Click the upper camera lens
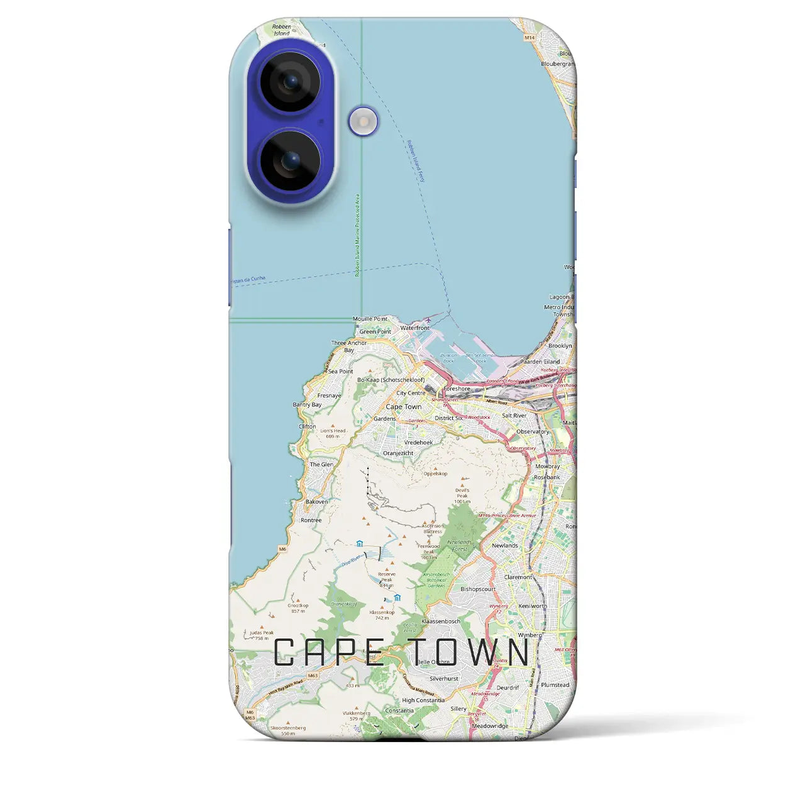coord(291,82)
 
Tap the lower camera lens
coord(291,161)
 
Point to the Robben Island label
coord(282,30)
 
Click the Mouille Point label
coord(370,319)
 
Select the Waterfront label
coord(415,328)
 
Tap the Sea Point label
coord(340,372)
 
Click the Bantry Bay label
coord(307,405)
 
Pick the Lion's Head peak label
coord(333,433)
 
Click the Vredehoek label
coord(418,443)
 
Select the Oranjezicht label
coord(398,453)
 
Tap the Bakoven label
coord(316,502)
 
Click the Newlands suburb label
coord(505,546)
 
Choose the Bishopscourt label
coord(478,589)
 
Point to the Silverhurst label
coord(444,679)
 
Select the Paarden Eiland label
coord(540,362)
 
